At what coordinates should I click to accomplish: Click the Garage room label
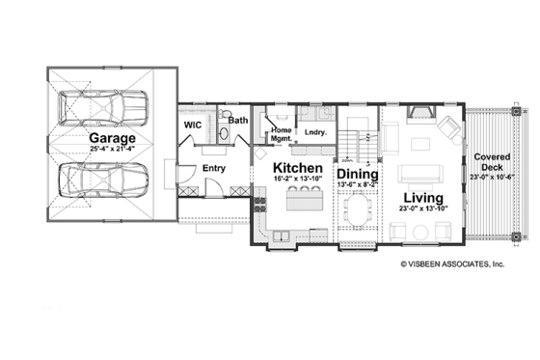(x=113, y=139)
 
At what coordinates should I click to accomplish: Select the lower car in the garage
(x=101, y=180)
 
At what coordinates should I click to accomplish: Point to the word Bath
(x=238, y=122)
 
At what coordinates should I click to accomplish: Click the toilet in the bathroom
(x=224, y=118)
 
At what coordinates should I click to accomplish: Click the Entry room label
(x=214, y=168)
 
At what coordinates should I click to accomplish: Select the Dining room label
(x=355, y=175)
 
